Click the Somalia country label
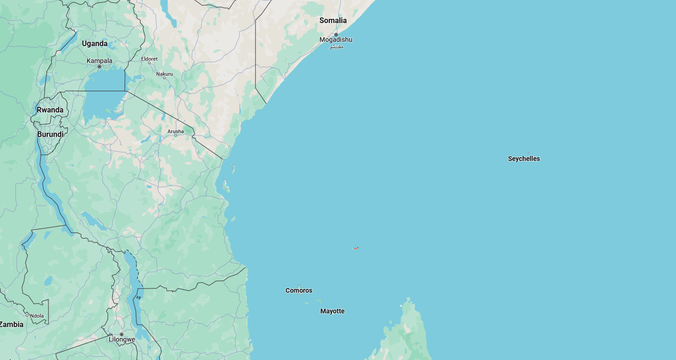(x=333, y=20)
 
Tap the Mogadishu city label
(x=335, y=40)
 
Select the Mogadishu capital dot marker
(x=336, y=34)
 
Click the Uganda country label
(x=95, y=43)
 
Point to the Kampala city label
(x=99, y=61)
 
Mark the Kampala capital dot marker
(x=99, y=66)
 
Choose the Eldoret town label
(x=149, y=59)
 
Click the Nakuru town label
(x=165, y=74)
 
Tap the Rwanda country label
(x=50, y=110)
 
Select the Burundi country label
(x=50, y=134)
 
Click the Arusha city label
(x=175, y=131)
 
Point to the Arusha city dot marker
(x=175, y=136)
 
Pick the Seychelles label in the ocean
(x=524, y=159)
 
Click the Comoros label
(x=299, y=290)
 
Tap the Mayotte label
(x=332, y=311)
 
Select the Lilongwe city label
(x=121, y=339)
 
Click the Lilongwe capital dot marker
(x=121, y=334)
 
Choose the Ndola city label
(x=37, y=316)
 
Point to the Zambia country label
(x=12, y=324)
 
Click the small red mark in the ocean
(x=356, y=248)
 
